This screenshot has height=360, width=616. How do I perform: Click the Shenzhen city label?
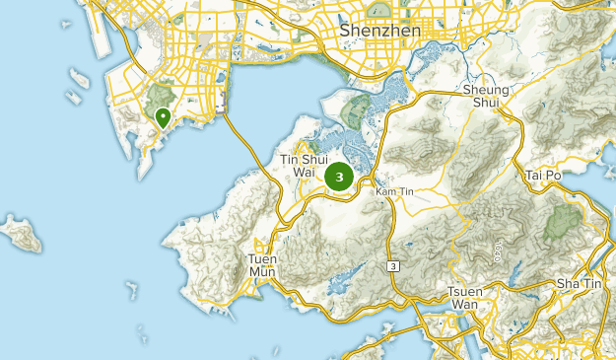click(x=379, y=31)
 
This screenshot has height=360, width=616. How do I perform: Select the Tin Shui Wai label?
click(x=303, y=166)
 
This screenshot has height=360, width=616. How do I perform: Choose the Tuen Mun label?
click(x=262, y=265)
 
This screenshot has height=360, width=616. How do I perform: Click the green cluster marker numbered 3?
click(x=339, y=178)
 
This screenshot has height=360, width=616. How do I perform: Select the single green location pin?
click(x=162, y=117)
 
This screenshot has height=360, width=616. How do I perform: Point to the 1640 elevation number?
click(x=498, y=250)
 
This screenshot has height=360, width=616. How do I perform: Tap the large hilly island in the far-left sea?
click(x=22, y=233)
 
